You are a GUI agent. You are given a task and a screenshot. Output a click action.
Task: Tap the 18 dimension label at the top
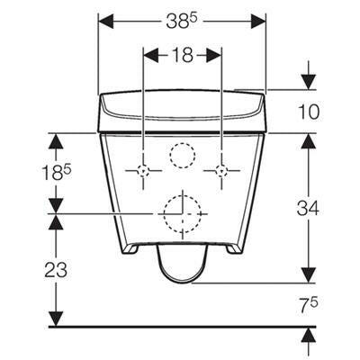click(x=183, y=55)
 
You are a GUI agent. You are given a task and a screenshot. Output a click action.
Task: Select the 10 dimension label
click(x=309, y=112)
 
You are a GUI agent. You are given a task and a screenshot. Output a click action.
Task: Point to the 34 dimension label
click(x=308, y=208)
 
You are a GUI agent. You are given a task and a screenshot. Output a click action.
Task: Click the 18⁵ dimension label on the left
click(x=57, y=174)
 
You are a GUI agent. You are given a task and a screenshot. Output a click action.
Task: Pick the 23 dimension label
click(x=56, y=269)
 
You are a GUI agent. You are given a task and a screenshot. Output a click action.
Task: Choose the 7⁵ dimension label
click(x=310, y=305)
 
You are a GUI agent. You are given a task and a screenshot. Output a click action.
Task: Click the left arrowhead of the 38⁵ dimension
click(x=106, y=22)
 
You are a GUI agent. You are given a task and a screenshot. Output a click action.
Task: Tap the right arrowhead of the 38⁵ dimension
click(x=258, y=22)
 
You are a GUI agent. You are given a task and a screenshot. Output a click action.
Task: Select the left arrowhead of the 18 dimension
click(x=151, y=56)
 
